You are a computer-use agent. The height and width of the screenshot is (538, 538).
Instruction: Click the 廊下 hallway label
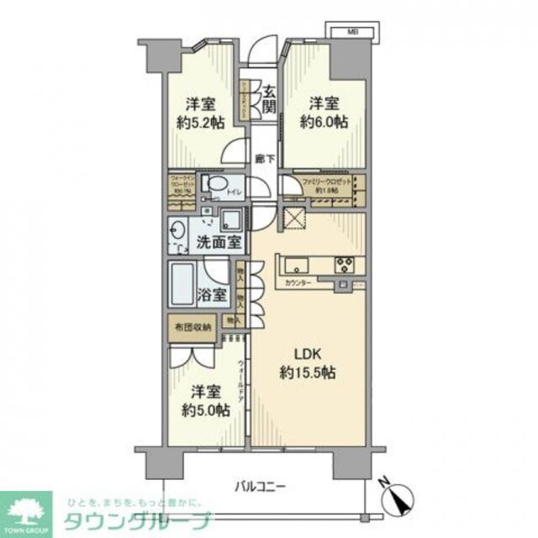coord(261,157)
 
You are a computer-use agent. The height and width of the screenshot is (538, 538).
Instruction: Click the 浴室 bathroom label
coord(211,295)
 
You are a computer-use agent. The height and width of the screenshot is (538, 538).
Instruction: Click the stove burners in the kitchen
coord(345,264)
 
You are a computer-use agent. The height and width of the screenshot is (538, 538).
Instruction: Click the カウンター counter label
coord(297,283)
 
